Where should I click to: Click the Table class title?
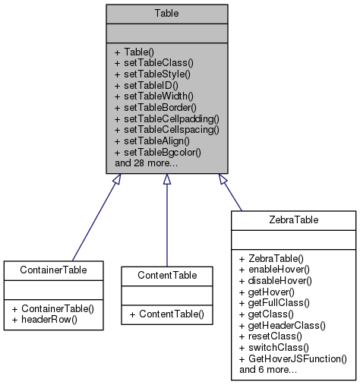pyautogui.click(x=166, y=13)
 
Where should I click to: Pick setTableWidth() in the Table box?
pyautogui.click(x=154, y=96)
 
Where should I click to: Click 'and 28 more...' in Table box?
pyautogui.click(x=147, y=163)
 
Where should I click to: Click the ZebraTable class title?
pyautogui.click(x=293, y=219)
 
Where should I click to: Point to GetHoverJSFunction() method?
pyautogui.click(x=292, y=358)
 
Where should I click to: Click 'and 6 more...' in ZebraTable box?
pyautogui.click(x=267, y=370)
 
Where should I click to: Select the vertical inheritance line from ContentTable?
pyautogui.click(x=166, y=228)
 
